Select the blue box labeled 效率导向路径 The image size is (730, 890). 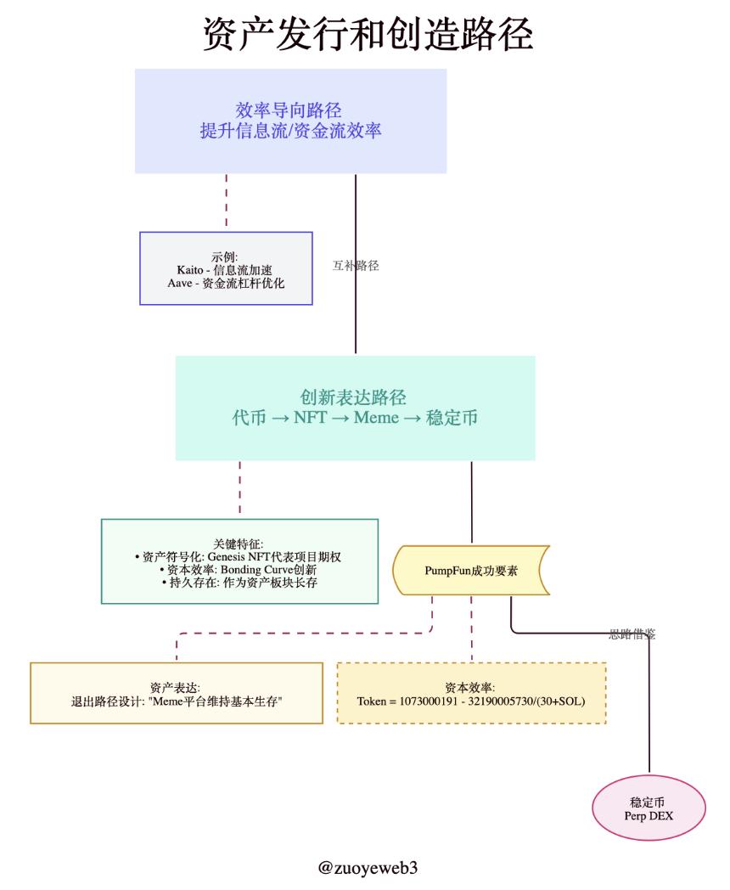pyautogui.click(x=290, y=121)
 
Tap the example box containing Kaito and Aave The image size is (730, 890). pyautogui.click(x=226, y=268)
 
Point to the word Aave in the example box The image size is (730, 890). pyautogui.click(x=182, y=283)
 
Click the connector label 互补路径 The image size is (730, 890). pyautogui.click(x=356, y=266)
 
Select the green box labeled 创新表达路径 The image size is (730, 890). pyautogui.click(x=355, y=408)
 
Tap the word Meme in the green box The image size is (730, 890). pyautogui.click(x=375, y=419)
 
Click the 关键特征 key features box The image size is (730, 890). pyautogui.click(x=239, y=560)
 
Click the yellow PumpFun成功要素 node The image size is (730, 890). pyautogui.click(x=471, y=570)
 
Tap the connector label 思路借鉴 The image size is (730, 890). pyautogui.click(x=632, y=634)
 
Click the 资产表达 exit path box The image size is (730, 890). pyautogui.click(x=177, y=693)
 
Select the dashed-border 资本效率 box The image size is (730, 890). pyautogui.click(x=471, y=693)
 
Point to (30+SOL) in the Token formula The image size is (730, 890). pyautogui.click(x=558, y=701)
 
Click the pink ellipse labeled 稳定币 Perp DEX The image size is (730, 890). pyautogui.click(x=649, y=808)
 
